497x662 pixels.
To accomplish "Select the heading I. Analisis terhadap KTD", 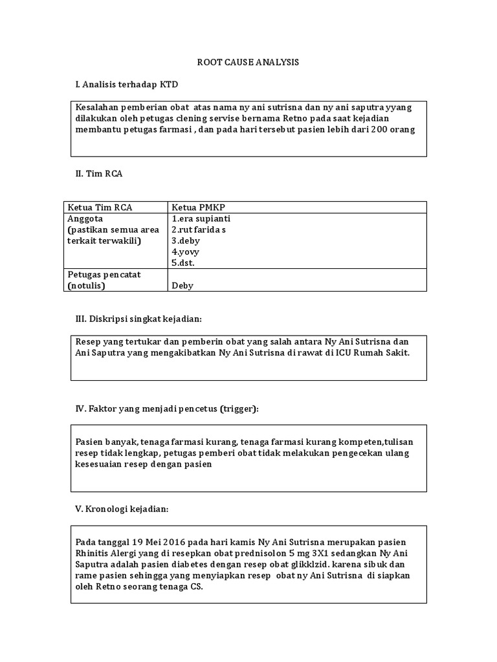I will (x=126, y=84).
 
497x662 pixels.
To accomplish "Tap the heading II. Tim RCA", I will (x=100, y=173).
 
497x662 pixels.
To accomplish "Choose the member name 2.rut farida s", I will (x=199, y=230).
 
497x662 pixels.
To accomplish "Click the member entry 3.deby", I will (x=186, y=240).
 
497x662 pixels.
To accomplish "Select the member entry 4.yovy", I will (x=185, y=251).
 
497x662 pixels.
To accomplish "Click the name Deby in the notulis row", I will (x=182, y=285).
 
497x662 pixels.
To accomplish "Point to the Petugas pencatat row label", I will (x=104, y=274).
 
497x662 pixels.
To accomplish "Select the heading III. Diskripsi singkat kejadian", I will (x=139, y=319).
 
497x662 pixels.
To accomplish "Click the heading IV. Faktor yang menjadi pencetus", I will (x=167, y=409).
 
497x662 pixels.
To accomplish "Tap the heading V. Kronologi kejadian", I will (x=122, y=509).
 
